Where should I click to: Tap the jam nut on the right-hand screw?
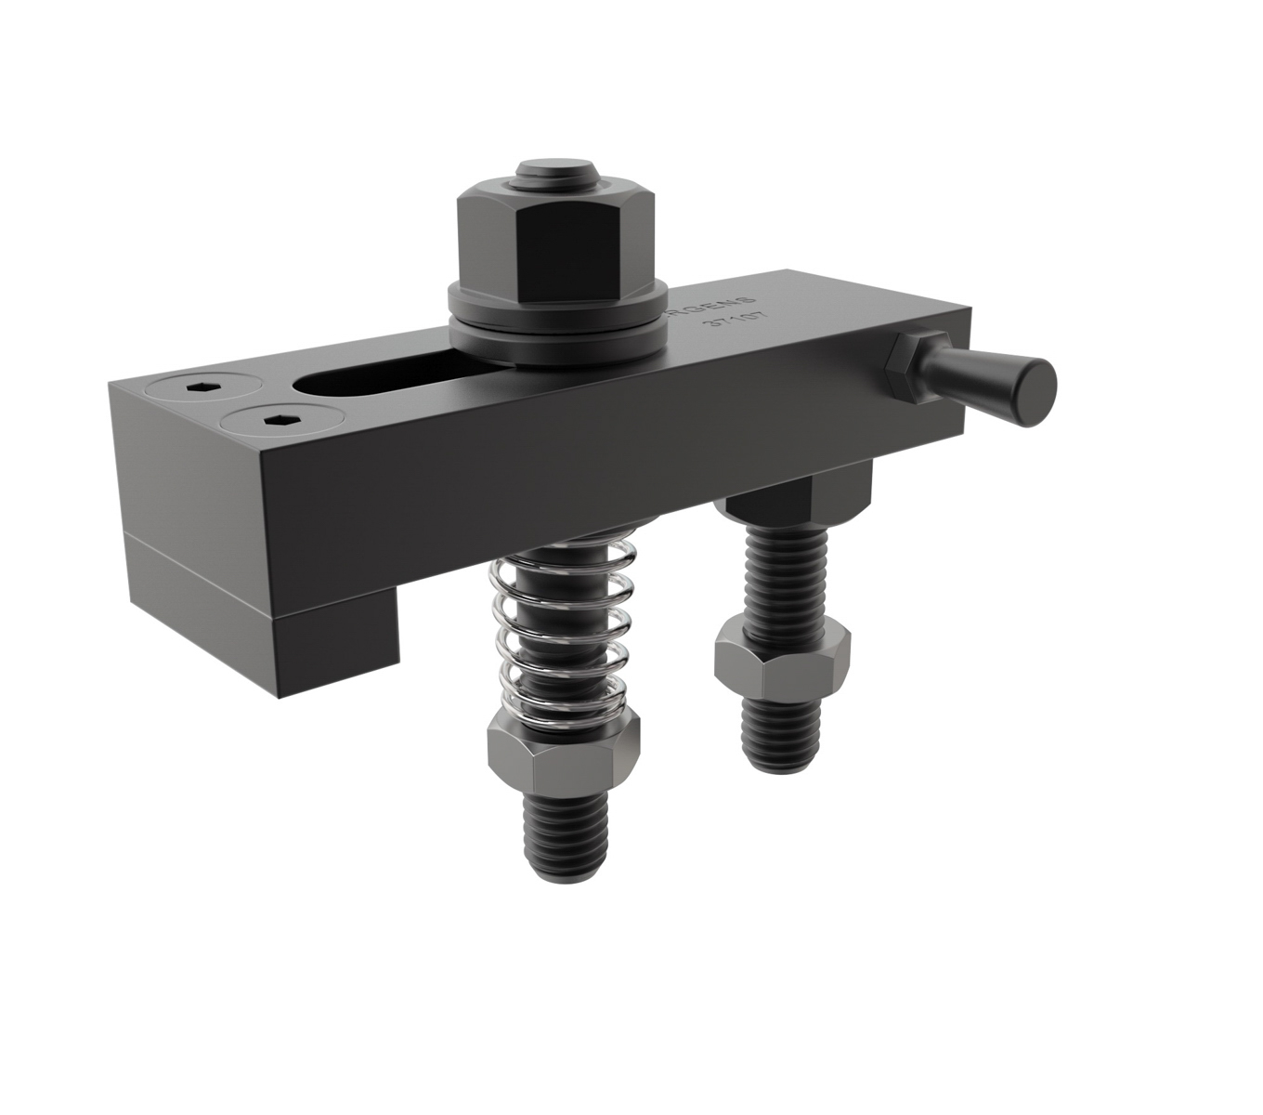782,661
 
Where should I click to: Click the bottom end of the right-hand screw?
783,743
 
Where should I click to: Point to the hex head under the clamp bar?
799,497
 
